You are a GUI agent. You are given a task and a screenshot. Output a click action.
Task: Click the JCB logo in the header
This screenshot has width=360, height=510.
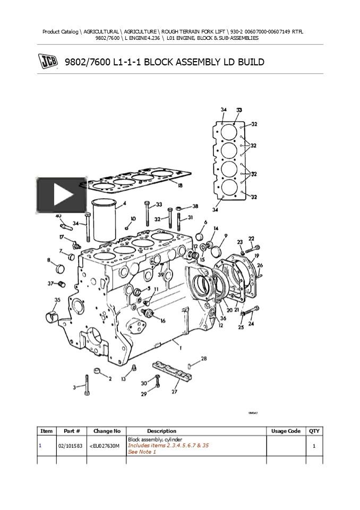48,62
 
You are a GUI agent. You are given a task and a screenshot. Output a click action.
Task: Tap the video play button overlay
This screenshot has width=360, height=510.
62,195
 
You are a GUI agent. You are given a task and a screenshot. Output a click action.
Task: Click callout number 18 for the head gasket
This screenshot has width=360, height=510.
180,185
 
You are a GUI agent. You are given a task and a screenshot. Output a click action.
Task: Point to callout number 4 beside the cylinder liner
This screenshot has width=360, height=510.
124,203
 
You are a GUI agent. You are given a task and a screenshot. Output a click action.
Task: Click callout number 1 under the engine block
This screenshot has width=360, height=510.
181,348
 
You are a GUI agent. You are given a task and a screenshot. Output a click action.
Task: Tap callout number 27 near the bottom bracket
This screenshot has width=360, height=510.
174,392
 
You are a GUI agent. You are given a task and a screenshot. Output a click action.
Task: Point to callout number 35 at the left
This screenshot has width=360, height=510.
57,300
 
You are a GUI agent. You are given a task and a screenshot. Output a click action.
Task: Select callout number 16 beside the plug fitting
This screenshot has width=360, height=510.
162,321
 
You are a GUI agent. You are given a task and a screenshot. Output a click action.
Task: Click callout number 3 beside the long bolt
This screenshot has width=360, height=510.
74,388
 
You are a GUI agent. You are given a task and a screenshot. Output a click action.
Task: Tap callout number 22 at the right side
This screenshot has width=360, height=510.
251,239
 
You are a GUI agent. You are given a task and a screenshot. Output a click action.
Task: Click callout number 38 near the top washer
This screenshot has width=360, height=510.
195,206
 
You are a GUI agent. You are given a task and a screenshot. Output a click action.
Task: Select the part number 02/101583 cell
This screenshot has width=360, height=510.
69,446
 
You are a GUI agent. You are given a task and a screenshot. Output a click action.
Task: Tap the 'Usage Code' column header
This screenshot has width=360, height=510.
286,431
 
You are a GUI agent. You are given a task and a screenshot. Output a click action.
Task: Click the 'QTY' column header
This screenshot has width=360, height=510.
314,431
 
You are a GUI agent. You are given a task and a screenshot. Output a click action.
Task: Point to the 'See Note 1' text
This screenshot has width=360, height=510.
142,452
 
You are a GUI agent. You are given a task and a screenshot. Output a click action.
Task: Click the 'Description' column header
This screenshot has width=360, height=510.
161,431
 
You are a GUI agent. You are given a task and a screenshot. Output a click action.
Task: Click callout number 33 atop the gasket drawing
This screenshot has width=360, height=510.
239,110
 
